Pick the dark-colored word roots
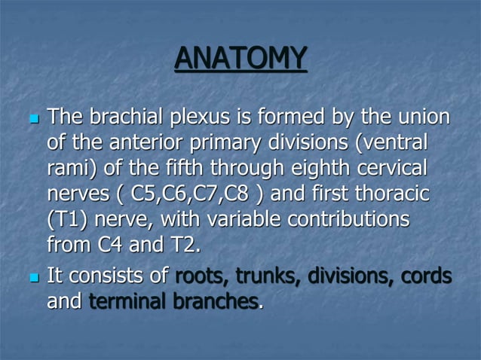pyautogui.click(x=198, y=276)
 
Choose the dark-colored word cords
pyautogui.click(x=426, y=276)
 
